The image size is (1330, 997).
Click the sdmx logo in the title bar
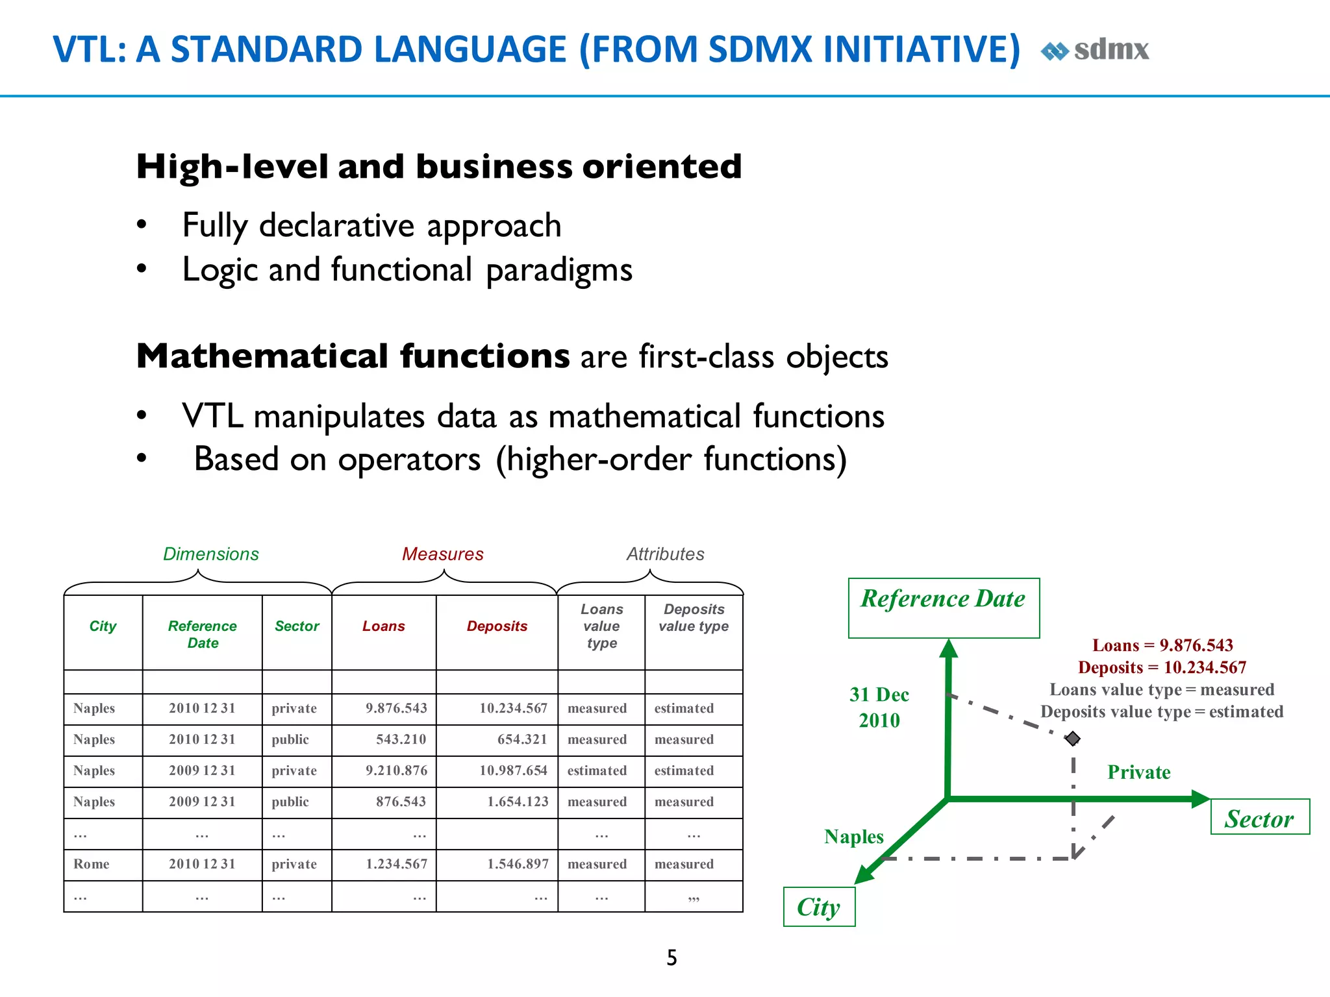[x=1096, y=50]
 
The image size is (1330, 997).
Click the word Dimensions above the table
[x=210, y=554]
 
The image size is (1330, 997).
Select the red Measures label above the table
[x=442, y=554]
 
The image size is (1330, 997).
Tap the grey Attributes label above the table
[x=665, y=554]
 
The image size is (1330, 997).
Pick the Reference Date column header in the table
[x=202, y=634]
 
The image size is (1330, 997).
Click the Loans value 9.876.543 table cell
[x=396, y=708]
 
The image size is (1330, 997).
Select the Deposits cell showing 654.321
[x=521, y=739]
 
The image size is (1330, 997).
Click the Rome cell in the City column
[x=92, y=864]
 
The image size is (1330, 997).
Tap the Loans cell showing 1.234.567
[x=396, y=864]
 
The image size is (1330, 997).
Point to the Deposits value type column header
[x=694, y=617]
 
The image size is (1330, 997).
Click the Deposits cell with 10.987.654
[x=513, y=770]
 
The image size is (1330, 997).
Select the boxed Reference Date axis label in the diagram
[x=943, y=599]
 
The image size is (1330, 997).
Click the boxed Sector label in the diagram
[x=1259, y=819]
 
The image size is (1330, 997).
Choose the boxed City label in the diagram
[x=818, y=907]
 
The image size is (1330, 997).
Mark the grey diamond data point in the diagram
[x=1072, y=739]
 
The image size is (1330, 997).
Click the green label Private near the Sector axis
[x=1138, y=772]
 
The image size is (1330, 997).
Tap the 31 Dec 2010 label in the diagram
[x=879, y=708]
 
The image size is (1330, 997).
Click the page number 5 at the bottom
[x=671, y=957]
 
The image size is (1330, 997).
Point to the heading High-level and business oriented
[x=438, y=166]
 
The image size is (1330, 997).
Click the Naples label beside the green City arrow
[x=853, y=837]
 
